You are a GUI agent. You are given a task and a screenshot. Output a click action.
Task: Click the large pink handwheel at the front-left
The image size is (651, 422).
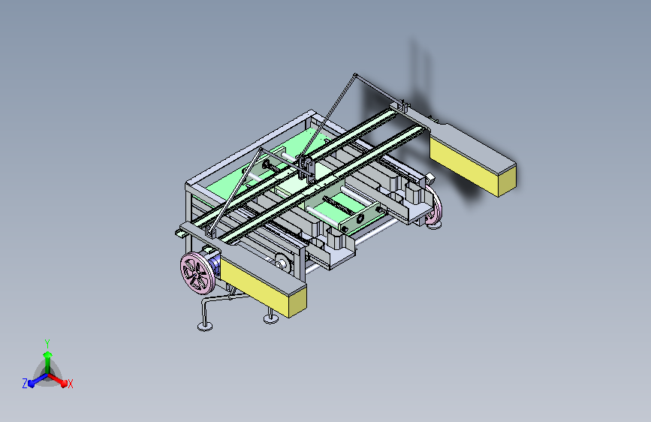[x=197, y=273]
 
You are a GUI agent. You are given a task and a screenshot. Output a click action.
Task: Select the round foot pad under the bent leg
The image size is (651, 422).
[x=205, y=327]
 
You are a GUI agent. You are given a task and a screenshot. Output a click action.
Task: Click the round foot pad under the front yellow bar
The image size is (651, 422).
[x=271, y=318]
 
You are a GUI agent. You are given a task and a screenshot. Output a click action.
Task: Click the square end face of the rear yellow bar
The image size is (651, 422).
[x=507, y=181]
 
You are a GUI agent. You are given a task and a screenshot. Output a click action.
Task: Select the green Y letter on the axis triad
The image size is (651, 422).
[x=47, y=344]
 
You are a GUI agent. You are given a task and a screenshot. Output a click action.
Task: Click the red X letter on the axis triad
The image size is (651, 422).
[x=70, y=384]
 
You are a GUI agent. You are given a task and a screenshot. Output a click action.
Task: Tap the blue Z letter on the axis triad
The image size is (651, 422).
[x=25, y=384]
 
